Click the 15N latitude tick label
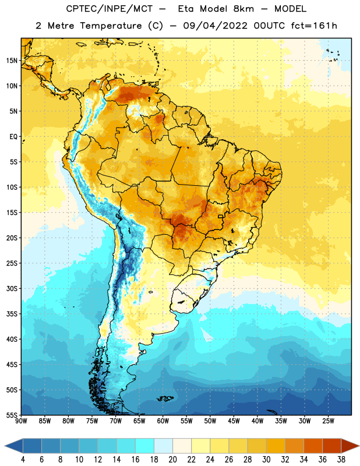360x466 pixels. pyautogui.click(x=12, y=61)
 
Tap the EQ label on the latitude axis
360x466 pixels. pyautogui.click(x=13, y=137)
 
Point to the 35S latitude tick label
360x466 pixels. pyautogui.click(x=12, y=314)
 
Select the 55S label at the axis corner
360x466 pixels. pyautogui.click(x=12, y=415)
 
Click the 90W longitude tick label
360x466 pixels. pyautogui.click(x=21, y=421)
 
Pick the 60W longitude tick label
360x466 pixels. pyautogui.click(x=163, y=421)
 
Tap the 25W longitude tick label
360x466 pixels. pyautogui.click(x=328, y=421)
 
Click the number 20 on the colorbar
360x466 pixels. pyautogui.click(x=172, y=460)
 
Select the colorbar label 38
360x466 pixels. pyautogui.click(x=341, y=460)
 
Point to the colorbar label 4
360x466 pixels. pyautogui.click(x=23, y=460)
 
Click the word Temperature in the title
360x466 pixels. pyautogui.click(x=111, y=26)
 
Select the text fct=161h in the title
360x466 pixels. pyautogui.click(x=314, y=26)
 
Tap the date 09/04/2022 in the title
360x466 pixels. pyautogui.click(x=215, y=26)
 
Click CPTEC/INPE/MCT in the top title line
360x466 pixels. pyautogui.click(x=109, y=9)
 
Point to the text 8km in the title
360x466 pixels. pyautogui.click(x=243, y=9)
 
